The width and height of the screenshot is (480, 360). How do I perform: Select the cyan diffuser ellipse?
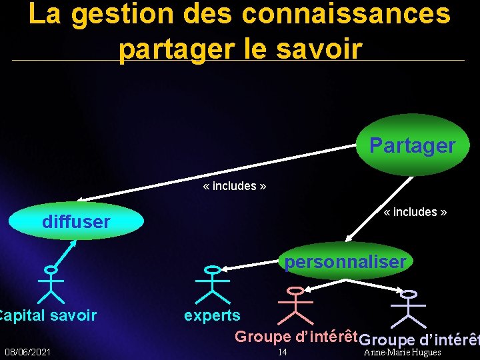(77, 221)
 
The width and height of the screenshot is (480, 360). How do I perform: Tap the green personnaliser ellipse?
(345, 262)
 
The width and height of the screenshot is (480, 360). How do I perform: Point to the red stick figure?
(295, 305)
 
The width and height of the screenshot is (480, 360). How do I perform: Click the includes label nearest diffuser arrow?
(234, 186)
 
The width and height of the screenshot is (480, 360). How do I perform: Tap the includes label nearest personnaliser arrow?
(415, 212)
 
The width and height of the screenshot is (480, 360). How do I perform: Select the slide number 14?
(282, 352)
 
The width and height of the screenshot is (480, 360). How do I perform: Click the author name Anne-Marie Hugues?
(402, 352)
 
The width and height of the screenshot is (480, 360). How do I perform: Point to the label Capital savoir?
(48, 315)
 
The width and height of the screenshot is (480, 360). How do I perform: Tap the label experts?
(212, 315)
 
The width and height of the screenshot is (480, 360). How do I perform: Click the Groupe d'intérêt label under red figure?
(297, 337)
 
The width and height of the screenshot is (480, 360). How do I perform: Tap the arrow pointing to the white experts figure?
(250, 265)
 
